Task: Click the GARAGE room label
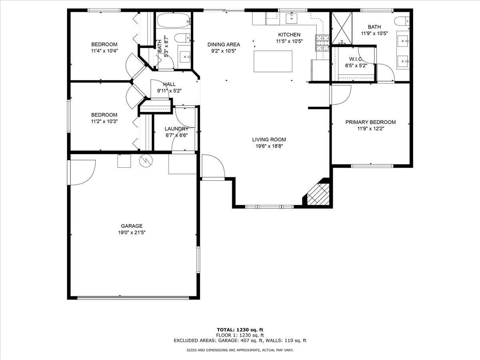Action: (x=132, y=226)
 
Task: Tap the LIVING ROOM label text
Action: (x=269, y=140)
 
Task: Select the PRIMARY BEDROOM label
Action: (x=370, y=122)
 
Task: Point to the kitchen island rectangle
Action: (x=273, y=61)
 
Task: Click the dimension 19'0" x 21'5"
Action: (x=132, y=232)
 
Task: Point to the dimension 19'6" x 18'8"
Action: (x=269, y=146)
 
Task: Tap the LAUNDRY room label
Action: (x=176, y=129)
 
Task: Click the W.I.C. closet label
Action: (x=355, y=59)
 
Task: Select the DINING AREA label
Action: (x=224, y=44)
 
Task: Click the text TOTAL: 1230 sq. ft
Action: (x=240, y=330)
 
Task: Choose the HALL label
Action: (x=169, y=84)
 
